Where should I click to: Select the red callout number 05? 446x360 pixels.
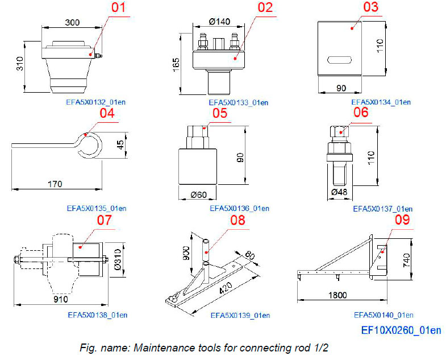(220, 113)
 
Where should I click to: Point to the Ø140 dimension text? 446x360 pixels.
(220, 22)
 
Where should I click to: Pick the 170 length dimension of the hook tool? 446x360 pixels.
(55, 184)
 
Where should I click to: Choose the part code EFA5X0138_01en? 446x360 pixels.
(97, 314)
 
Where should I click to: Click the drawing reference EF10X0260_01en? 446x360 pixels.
(401, 329)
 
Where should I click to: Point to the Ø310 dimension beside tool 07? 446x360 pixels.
(118, 257)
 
